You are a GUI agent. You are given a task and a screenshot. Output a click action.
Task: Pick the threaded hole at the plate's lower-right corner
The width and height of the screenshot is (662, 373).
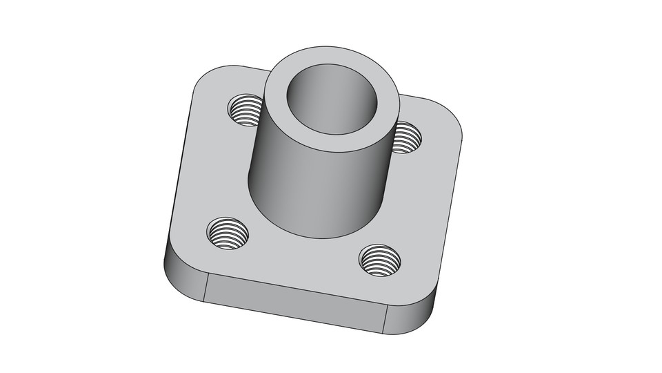tap(380, 260)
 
